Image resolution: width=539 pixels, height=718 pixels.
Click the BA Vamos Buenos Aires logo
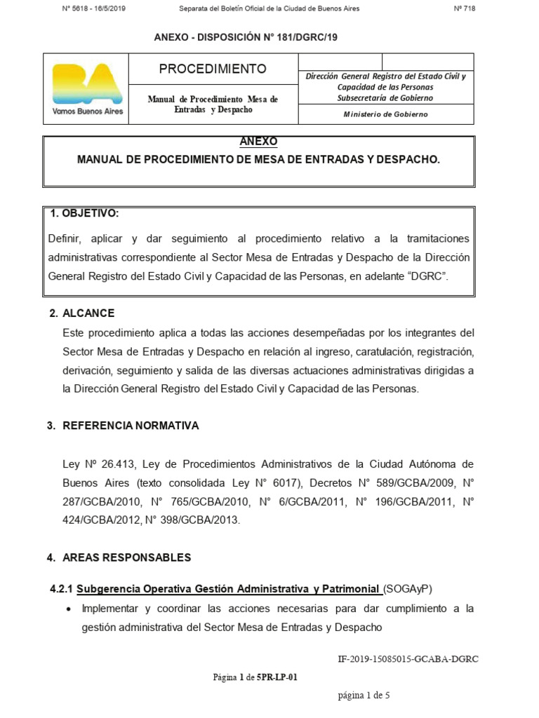coord(86,88)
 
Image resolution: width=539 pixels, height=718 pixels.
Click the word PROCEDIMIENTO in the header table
coord(213,69)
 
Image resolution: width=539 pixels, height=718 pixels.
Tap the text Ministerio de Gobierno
coord(385,114)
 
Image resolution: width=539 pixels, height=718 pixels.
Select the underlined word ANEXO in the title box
coord(258,142)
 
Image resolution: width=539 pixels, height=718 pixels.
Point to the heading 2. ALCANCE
coord(81,313)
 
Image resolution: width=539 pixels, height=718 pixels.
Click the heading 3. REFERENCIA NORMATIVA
coord(123,426)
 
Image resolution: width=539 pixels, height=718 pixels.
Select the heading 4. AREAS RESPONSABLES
coord(119,557)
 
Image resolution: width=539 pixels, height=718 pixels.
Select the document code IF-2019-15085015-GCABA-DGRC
coord(408,659)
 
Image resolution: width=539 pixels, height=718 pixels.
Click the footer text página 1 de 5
coord(363,696)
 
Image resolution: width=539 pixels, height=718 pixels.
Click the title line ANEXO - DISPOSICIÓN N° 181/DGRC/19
coord(246,37)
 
